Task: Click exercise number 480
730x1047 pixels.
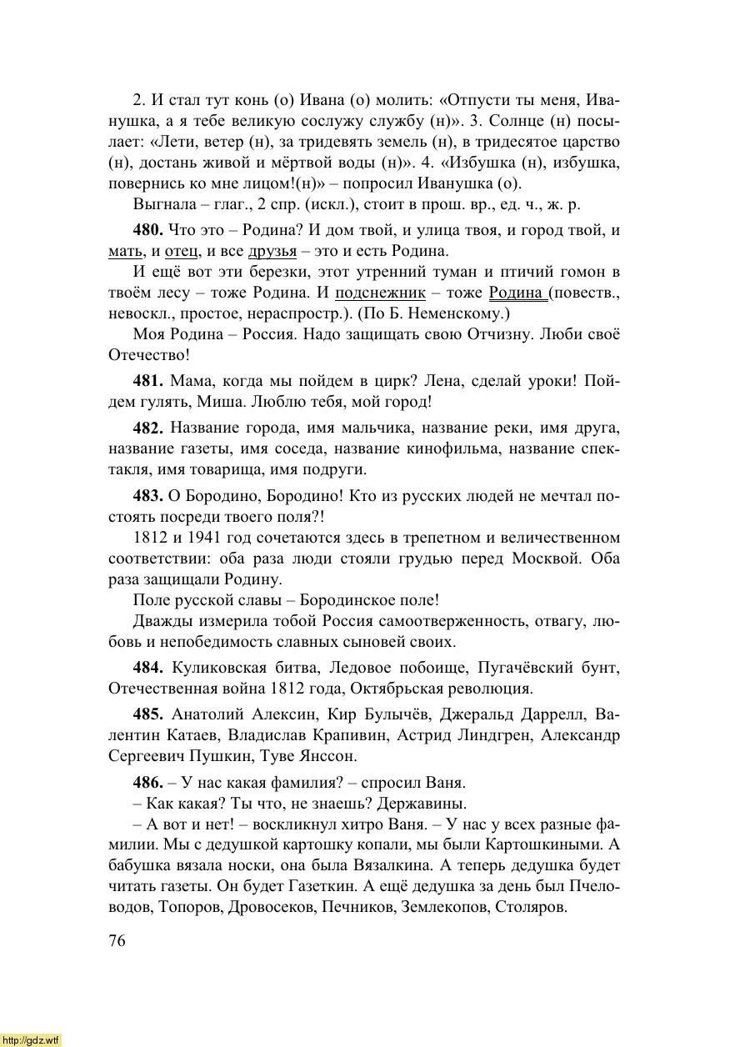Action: click(148, 230)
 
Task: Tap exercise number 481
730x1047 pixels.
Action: click(148, 381)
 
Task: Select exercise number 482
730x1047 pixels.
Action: click(148, 428)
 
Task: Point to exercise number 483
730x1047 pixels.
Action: click(148, 496)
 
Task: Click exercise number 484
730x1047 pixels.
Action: click(148, 668)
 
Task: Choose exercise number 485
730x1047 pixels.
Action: click(148, 715)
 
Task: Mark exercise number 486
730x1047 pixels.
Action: click(148, 783)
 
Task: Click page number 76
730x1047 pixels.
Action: click(117, 940)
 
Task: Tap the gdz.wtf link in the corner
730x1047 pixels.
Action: click(31, 1039)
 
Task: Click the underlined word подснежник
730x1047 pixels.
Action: click(380, 293)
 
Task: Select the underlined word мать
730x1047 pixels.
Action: click(124, 251)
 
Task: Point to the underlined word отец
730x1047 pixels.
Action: click(181, 251)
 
